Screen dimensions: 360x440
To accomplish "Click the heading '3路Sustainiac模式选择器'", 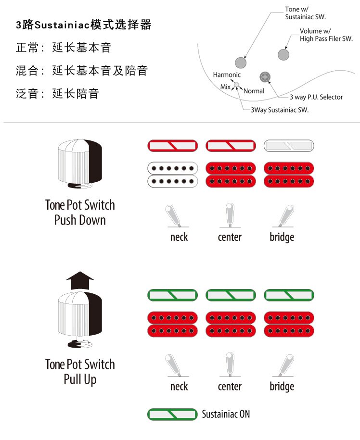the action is pyautogui.click(x=84, y=25).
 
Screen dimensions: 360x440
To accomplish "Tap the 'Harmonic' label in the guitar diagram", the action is pyautogui.click(x=227, y=75).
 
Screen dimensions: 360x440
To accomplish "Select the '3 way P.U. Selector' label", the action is pyautogui.click(x=316, y=97).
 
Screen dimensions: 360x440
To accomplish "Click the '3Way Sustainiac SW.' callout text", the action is pyautogui.click(x=280, y=110).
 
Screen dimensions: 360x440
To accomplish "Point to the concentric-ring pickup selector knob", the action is pyautogui.click(x=264, y=76).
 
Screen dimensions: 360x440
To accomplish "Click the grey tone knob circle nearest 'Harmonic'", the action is pyautogui.click(x=241, y=62).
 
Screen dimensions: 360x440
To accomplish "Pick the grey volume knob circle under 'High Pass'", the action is pyautogui.click(x=283, y=54).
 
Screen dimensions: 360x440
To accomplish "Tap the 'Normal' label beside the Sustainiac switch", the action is pyautogui.click(x=254, y=91).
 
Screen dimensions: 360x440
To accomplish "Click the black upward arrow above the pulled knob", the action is pyautogui.click(x=79, y=280).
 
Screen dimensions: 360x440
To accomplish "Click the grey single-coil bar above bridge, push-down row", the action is pyautogui.click(x=289, y=145).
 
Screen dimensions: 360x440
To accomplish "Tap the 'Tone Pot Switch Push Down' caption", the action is pyautogui.click(x=80, y=212).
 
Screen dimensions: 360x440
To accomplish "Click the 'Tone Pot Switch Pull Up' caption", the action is pyautogui.click(x=80, y=371).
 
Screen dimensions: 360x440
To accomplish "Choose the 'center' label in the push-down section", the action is pyautogui.click(x=230, y=237).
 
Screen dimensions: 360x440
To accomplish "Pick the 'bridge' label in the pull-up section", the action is pyautogui.click(x=282, y=387).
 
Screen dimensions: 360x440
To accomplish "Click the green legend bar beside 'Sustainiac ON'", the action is pyautogui.click(x=172, y=414).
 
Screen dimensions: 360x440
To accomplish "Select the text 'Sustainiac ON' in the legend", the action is pyautogui.click(x=226, y=414).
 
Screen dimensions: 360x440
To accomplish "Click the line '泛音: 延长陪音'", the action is pyautogui.click(x=58, y=93).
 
